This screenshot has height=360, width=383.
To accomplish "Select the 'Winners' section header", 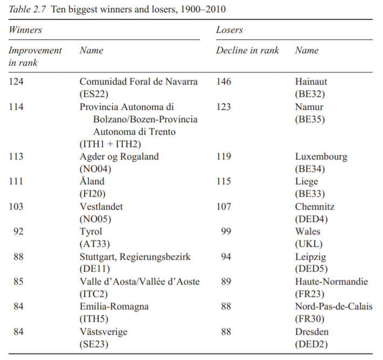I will point(26,30).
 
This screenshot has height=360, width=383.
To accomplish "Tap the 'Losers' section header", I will point(229,30).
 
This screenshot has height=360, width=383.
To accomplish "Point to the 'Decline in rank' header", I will point(248,51).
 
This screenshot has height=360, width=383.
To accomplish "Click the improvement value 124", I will point(17,82).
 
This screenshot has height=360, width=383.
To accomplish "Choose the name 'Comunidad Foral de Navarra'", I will point(138,82).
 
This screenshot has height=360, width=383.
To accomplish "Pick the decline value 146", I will point(224,82).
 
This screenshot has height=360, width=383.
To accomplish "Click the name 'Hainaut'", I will point(311,82).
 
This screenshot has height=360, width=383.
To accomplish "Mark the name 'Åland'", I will point(92,182).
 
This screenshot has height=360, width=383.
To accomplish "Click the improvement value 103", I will point(17,207).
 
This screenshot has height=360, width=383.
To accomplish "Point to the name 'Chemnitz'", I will point(315,207).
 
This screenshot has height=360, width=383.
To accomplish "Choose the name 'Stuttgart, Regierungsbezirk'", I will point(135,257).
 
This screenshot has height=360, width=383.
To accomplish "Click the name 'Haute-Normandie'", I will point(332,282).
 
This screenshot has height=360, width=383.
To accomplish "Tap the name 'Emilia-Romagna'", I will point(114,307).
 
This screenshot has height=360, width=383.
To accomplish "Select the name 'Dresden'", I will point(312,331).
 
